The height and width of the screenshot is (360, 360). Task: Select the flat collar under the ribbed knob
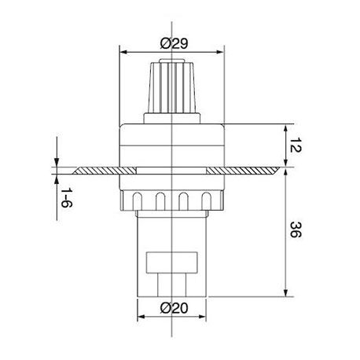(171, 118)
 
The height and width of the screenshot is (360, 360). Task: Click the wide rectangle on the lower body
(171, 263)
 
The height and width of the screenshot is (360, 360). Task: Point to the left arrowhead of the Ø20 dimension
(141, 318)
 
